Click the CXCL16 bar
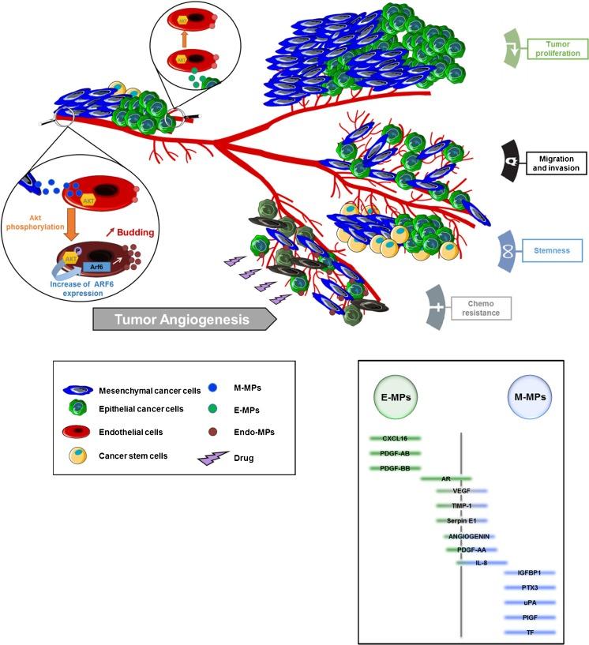[394, 437]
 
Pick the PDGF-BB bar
[394, 468]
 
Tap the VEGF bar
[462, 490]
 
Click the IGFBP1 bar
[530, 572]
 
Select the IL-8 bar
[481, 562]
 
